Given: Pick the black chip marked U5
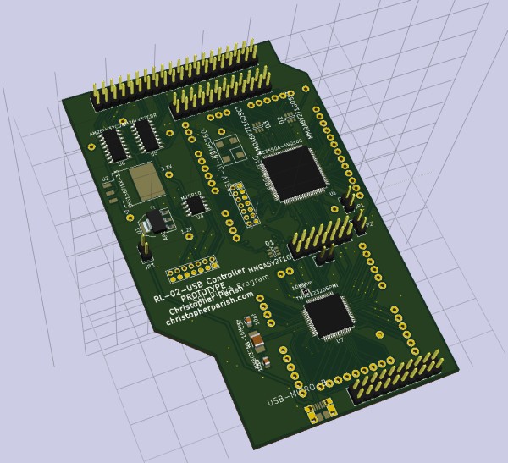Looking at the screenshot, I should click(x=146, y=135).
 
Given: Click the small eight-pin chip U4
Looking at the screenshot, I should click(x=197, y=204).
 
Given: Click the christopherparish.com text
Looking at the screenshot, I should click(x=209, y=312).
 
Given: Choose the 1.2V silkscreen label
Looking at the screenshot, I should click(x=185, y=229).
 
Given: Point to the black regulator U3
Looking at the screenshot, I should click(x=155, y=223).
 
